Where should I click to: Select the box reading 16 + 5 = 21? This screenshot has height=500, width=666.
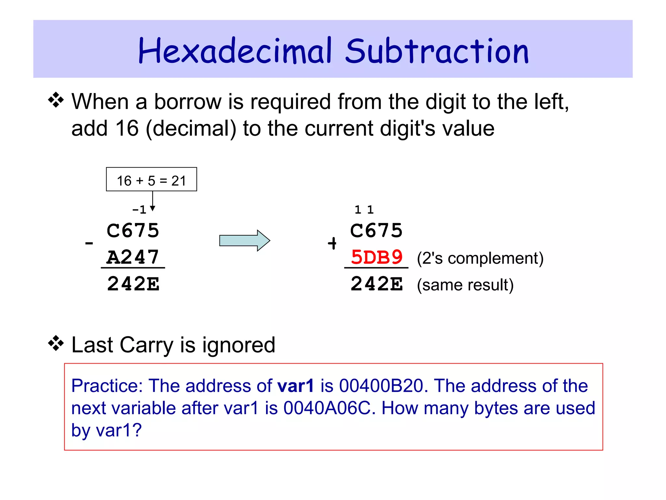click(x=151, y=179)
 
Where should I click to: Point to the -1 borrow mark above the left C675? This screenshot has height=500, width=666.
click(x=139, y=210)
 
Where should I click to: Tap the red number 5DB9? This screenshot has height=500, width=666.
click(x=377, y=257)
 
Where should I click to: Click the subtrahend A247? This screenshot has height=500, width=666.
click(x=133, y=257)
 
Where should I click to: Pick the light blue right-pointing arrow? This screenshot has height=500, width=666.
click(x=245, y=241)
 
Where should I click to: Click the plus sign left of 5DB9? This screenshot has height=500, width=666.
click(x=332, y=243)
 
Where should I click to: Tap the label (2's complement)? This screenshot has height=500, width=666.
click(x=480, y=258)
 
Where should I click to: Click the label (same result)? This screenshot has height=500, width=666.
click(x=465, y=285)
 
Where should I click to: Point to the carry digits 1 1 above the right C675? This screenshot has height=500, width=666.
click(x=364, y=210)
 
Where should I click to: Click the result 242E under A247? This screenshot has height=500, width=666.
click(x=133, y=284)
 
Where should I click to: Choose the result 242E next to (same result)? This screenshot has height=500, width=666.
click(x=377, y=284)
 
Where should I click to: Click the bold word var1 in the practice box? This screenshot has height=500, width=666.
click(x=295, y=386)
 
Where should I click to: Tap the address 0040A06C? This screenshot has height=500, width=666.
click(x=327, y=408)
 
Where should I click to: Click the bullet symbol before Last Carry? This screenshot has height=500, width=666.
click(x=56, y=344)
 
